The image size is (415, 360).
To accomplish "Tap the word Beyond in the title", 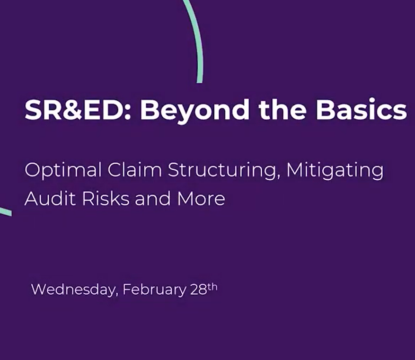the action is pyautogui.click(x=194, y=111).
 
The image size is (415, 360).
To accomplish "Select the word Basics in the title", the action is pyautogui.click(x=361, y=109).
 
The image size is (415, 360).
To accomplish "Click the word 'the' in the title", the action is pyautogui.click(x=283, y=109).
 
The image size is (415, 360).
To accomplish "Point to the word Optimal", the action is pyautogui.click(x=63, y=171).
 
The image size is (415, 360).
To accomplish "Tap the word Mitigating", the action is pyautogui.click(x=335, y=171).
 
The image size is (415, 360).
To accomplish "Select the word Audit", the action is pyautogui.click(x=50, y=198).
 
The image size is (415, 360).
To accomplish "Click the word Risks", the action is pyautogui.click(x=106, y=198).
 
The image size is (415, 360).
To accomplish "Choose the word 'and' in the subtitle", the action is pyautogui.click(x=153, y=198).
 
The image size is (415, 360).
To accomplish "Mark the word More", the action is pyautogui.click(x=201, y=198).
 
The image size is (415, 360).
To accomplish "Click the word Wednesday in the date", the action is pyautogui.click(x=73, y=290).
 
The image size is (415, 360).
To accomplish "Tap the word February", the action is pyautogui.click(x=155, y=290).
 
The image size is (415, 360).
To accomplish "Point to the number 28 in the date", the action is pyautogui.click(x=198, y=290).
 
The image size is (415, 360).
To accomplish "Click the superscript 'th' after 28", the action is pyautogui.click(x=212, y=287).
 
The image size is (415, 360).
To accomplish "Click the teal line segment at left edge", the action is pyautogui.click(x=6, y=211).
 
